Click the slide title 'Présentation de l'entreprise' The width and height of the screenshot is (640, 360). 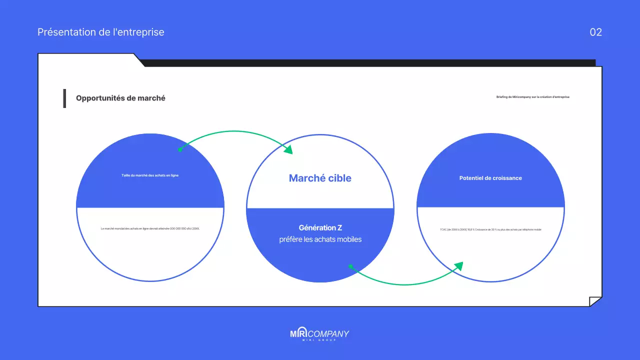pos(100,32)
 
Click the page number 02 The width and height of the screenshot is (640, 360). pos(595,32)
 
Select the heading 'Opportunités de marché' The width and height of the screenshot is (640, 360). pos(120,98)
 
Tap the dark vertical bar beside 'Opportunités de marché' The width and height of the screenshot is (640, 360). pos(64,98)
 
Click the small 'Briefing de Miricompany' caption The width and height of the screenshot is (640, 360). pos(532,97)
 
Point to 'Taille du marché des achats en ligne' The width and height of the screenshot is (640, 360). pos(150,175)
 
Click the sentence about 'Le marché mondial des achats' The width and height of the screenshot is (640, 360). pos(150,228)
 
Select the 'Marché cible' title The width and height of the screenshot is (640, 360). pos(320,178)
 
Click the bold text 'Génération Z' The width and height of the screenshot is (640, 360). pos(320,228)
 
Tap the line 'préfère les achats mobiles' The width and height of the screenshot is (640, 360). pos(320,239)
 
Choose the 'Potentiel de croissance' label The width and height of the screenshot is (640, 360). pos(490,178)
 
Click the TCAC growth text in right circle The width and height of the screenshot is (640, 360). pos(490,229)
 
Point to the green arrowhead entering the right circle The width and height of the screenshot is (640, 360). pos(458,266)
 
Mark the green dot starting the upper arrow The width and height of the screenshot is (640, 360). pos(180,149)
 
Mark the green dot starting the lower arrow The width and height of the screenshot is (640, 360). pos(350,266)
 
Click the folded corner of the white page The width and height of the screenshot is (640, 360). pos(595,301)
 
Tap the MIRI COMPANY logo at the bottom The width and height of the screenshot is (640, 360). pos(319,333)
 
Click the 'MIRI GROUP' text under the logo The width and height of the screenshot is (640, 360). pos(319,340)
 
